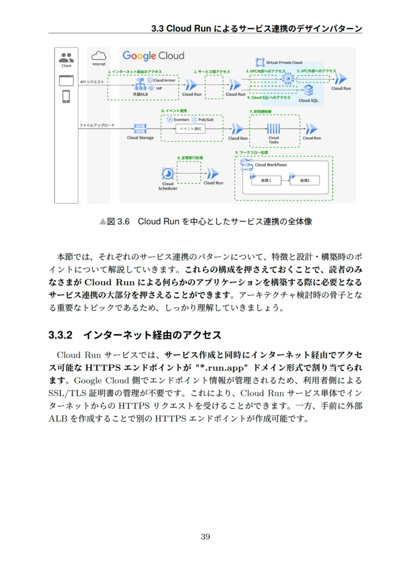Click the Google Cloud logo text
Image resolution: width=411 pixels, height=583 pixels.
click(x=154, y=56)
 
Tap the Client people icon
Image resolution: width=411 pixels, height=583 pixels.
click(x=66, y=58)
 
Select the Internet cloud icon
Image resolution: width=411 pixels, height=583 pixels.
click(x=99, y=56)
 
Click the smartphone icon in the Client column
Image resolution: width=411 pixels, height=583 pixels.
click(x=66, y=96)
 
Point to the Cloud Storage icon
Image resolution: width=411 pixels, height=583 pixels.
click(x=139, y=129)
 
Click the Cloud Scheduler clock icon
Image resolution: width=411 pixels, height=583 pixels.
click(x=168, y=174)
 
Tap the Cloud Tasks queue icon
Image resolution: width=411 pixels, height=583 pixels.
click(x=274, y=128)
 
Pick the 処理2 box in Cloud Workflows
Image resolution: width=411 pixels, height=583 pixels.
click(x=305, y=180)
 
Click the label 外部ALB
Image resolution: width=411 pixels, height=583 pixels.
click(x=139, y=94)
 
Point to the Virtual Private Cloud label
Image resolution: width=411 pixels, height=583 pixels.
click(x=285, y=63)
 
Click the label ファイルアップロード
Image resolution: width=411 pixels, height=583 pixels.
click(x=96, y=125)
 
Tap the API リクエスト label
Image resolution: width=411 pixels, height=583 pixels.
click(x=92, y=82)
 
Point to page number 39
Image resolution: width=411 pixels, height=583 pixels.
click(x=205, y=536)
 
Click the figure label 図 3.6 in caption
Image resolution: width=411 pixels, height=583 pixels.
click(x=119, y=221)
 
